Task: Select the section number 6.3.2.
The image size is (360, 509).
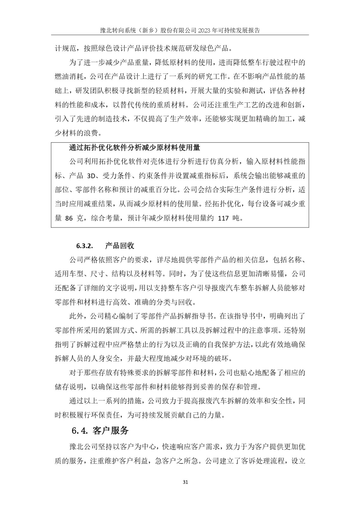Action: pos(84,246)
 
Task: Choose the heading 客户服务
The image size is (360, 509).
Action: pos(111,431)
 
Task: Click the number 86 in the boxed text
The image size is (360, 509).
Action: pos(69,218)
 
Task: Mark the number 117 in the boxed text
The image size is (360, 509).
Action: pos(223,218)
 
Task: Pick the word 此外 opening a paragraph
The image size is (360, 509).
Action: pos(76,316)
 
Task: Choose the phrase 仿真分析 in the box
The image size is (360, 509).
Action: pos(225,162)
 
